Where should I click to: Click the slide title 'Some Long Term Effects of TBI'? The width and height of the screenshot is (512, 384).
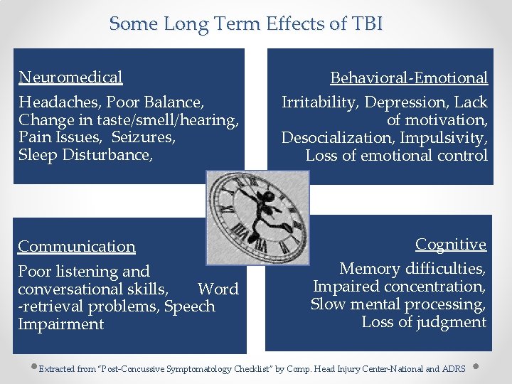point(246,23)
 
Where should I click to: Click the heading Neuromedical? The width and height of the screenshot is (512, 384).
point(70,77)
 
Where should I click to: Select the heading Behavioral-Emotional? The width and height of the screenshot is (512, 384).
point(409,78)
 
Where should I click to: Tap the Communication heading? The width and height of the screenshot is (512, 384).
point(77,247)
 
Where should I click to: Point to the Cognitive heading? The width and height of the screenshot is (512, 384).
point(451,245)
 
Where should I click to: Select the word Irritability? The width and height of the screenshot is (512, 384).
point(319,102)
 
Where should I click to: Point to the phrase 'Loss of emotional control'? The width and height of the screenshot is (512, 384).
point(396,155)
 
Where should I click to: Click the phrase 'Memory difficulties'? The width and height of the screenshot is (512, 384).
point(412,269)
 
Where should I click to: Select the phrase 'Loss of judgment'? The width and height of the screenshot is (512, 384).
point(424,322)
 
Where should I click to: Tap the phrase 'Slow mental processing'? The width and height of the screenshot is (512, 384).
point(398,304)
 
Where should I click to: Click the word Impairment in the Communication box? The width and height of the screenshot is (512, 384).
point(60,324)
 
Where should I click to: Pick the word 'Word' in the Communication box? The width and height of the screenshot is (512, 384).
point(218,289)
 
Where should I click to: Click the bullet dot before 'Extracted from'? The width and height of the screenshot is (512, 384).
point(33,368)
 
